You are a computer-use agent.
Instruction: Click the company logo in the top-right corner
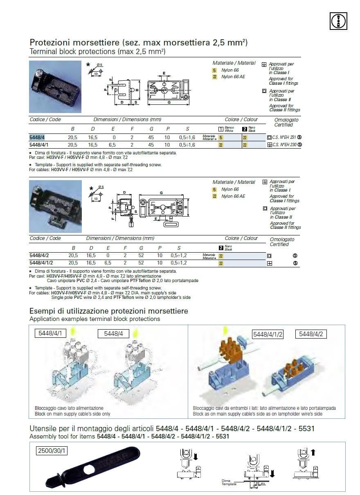[x=338, y=21]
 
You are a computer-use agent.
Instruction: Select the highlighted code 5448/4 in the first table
[x=37, y=138]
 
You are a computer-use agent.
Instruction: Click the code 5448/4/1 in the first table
[x=39, y=145]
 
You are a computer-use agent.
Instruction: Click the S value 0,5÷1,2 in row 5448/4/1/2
[x=179, y=263]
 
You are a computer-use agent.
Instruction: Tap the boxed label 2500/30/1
[x=51, y=451]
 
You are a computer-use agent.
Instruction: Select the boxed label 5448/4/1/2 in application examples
[x=268, y=334]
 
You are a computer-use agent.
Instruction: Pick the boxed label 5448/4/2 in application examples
[x=311, y=334]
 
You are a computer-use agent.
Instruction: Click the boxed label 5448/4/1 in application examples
[x=49, y=333]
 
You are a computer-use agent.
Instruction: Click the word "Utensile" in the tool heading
[x=46, y=429]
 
